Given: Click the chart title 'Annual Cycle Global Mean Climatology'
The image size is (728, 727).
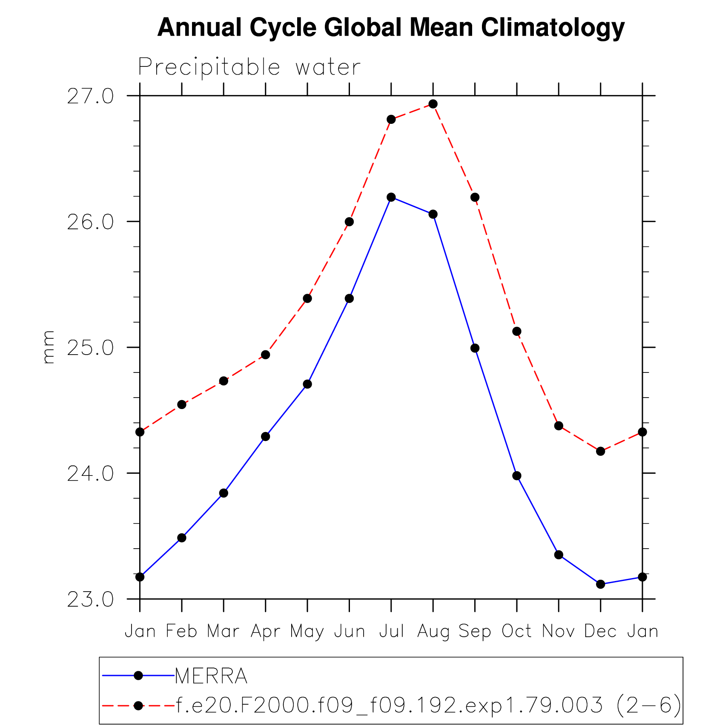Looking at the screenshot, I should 390,28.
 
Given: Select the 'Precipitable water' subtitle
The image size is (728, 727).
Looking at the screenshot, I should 249,67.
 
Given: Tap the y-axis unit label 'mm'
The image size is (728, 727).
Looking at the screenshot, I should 49,347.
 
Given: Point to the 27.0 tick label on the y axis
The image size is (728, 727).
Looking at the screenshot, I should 90,96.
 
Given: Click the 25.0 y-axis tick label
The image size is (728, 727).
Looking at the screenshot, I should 90,348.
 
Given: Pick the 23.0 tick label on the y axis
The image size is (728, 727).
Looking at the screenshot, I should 90,599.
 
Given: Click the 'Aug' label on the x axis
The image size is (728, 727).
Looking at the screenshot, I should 433,631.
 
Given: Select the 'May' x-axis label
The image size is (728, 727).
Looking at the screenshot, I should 307,631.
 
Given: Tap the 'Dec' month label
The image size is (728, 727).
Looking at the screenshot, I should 600,631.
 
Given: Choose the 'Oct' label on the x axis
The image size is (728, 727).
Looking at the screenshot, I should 516,631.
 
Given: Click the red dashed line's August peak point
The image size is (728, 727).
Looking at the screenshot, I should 433,104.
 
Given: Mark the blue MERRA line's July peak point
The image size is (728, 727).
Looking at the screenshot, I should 391,197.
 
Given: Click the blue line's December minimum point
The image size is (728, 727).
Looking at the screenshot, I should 600,584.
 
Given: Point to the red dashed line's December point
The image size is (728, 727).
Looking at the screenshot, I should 600,451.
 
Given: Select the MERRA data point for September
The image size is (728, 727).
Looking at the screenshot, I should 475,348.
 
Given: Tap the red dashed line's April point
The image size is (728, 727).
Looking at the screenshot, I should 265,355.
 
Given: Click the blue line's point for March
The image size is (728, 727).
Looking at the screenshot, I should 224,493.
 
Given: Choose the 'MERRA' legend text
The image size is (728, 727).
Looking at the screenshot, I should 211,676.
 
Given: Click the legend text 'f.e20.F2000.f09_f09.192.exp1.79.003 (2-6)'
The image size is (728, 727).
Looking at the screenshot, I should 428,705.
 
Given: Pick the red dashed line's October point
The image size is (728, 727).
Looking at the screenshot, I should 516,331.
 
